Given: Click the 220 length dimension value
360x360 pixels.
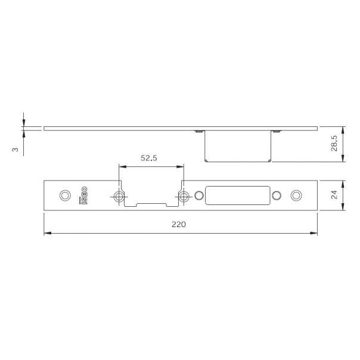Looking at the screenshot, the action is (x=179, y=224).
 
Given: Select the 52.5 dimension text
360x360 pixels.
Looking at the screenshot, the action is (x=149, y=158).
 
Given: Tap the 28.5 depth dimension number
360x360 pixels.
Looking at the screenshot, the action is (x=334, y=143).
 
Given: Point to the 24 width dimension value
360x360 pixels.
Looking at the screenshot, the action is (x=334, y=195).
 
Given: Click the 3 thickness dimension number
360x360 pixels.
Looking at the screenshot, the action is (x=15, y=150).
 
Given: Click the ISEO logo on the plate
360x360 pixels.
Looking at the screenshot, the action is (x=83, y=195).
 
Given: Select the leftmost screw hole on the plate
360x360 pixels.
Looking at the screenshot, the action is (x=65, y=195).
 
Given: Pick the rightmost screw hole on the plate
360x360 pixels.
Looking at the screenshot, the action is (x=296, y=195).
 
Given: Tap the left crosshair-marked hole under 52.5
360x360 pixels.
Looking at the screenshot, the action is (x=119, y=197).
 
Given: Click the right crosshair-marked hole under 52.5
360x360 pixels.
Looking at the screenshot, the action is (x=184, y=197).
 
